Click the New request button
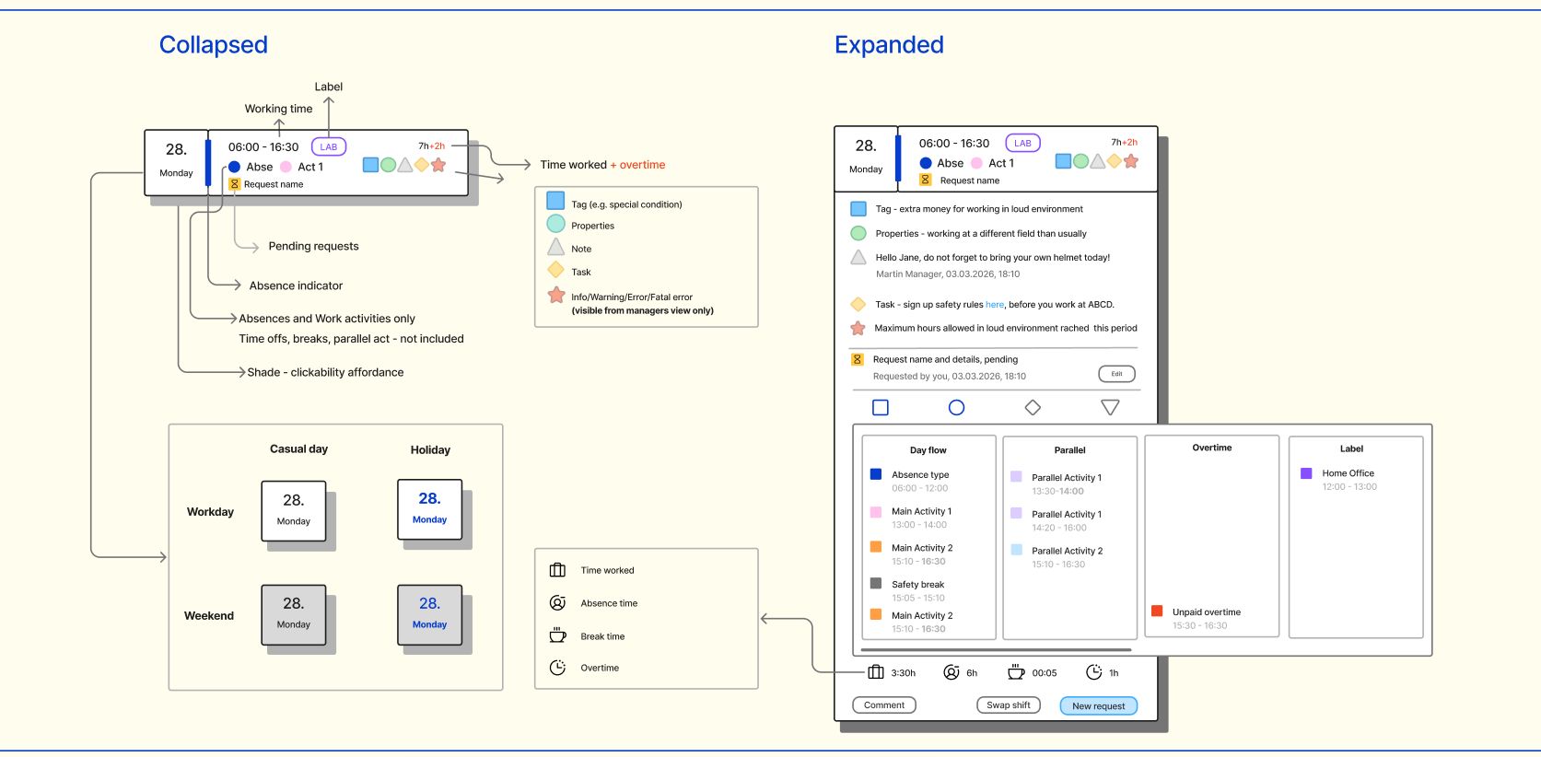click(1098, 705)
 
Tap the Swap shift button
click(1008, 705)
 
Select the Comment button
click(884, 705)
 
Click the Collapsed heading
click(214, 45)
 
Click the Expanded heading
click(889, 45)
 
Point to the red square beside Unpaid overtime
click(1157, 611)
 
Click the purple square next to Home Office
click(1306, 473)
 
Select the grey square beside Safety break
click(876, 583)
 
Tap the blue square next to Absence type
click(876, 473)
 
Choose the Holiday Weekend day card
click(430, 614)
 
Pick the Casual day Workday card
click(294, 511)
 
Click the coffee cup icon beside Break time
click(557, 635)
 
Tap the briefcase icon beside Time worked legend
click(557, 570)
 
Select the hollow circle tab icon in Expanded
click(956, 408)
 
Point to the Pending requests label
click(314, 246)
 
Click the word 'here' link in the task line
click(995, 305)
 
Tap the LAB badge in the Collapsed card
click(329, 146)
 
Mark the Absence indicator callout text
click(296, 285)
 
